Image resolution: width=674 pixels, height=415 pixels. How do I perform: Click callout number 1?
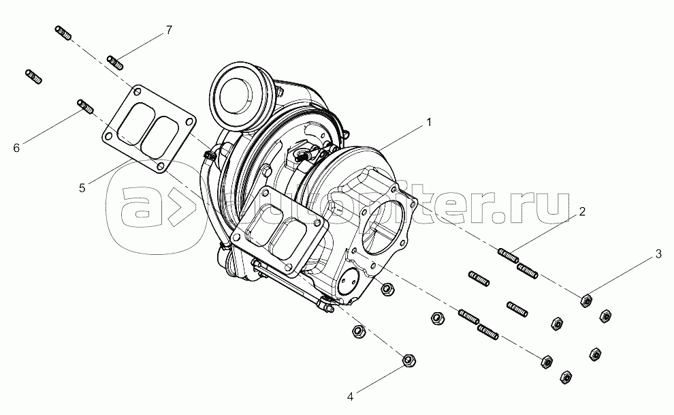click(x=429, y=123)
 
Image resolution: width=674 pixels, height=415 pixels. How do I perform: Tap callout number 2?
click(x=582, y=211)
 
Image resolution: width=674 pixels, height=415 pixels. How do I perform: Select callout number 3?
click(x=658, y=254)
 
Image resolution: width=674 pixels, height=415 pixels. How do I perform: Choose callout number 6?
click(x=16, y=147)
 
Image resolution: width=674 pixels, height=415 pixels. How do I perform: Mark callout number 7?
click(x=168, y=30)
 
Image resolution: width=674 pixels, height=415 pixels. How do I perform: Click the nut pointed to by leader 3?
click(x=585, y=300)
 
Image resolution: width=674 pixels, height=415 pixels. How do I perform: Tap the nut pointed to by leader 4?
click(x=408, y=360)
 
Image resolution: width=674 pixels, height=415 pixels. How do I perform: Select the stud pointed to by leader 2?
click(x=510, y=258)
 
